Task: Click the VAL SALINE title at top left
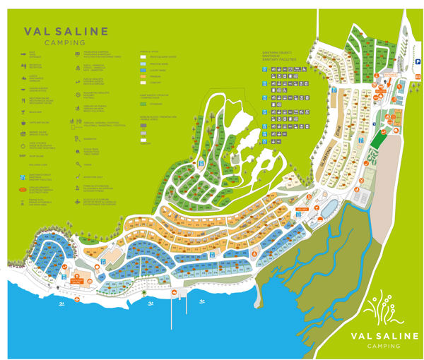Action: (66, 31)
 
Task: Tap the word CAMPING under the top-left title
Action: (66, 42)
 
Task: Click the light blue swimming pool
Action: (329, 207)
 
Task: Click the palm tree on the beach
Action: (145, 292)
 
